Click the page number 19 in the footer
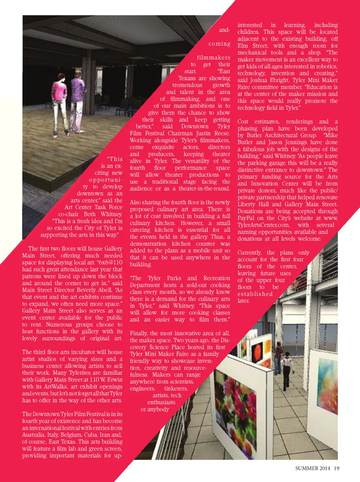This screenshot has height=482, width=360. click(x=337, y=468)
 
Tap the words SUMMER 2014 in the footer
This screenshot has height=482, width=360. click(x=313, y=468)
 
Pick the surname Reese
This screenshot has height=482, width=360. click(x=221, y=133)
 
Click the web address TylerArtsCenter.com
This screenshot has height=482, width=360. click(x=264, y=225)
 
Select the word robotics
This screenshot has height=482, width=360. click(x=326, y=66)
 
